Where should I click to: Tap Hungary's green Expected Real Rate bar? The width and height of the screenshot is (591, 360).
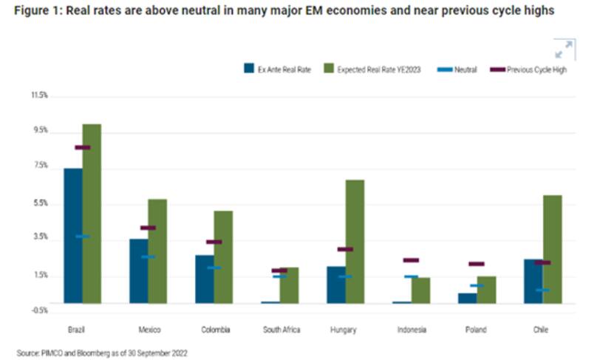pos(355,241)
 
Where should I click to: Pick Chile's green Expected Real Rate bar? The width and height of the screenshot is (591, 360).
pos(552,248)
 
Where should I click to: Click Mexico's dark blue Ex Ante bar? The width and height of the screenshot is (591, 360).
pos(139,271)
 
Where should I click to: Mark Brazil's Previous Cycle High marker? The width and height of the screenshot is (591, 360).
pos(82,148)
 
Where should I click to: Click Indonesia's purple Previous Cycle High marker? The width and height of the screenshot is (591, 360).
pos(411,260)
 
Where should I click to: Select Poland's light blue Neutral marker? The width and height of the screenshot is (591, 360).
pos(476,285)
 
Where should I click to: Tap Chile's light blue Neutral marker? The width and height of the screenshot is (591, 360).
pos(542,290)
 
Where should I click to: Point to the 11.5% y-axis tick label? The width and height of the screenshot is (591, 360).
pos(38,95)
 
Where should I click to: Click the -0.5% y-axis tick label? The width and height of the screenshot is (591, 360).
pos(38,310)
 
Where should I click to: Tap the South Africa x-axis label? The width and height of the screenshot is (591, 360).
pos(282,330)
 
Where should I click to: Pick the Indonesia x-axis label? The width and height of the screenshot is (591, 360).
pos(411,330)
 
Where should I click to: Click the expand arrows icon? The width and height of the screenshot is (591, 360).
pos(563,50)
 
